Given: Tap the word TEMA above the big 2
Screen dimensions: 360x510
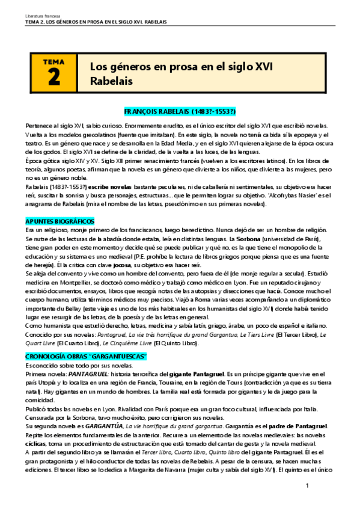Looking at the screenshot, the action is (x=55, y=61).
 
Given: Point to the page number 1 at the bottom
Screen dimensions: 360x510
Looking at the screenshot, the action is (x=307, y=485).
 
